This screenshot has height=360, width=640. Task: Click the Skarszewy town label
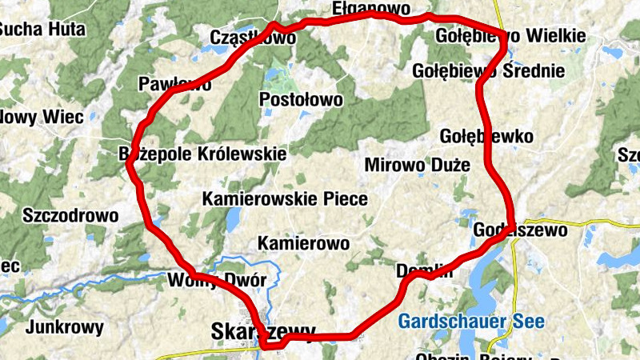tap(263, 330)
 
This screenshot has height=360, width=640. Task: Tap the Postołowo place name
tap(302, 100)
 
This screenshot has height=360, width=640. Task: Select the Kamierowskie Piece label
tap(285, 199)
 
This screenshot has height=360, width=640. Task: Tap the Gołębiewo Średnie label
tap(488, 71)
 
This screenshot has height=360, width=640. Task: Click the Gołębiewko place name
tap(486, 136)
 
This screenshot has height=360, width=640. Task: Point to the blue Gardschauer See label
tap(471, 322)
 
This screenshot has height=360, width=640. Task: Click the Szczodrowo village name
tap(70, 215)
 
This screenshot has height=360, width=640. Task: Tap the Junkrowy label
tap(65, 327)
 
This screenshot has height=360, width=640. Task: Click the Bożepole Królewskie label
tap(202, 152)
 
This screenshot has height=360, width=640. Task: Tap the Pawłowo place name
tap(174, 84)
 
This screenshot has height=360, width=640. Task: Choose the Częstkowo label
tap(252, 38)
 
